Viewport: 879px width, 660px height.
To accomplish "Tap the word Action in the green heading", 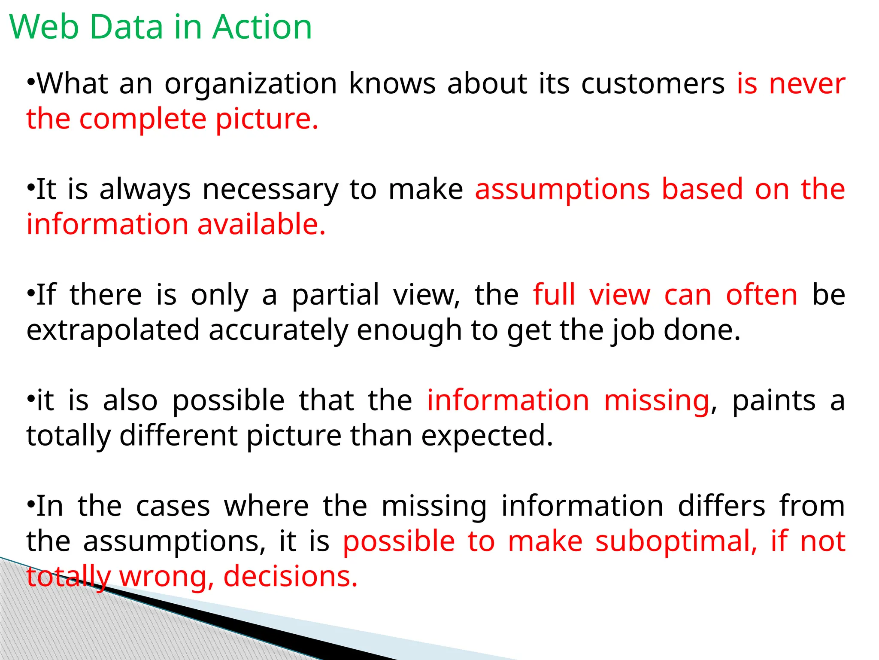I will point(262,27).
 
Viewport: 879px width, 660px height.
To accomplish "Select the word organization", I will point(251,84).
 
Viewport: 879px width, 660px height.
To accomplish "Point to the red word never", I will point(807,84).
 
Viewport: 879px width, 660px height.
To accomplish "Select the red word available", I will point(261,225).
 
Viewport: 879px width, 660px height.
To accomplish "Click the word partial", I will point(335,296).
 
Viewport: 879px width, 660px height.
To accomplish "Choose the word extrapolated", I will point(113,330).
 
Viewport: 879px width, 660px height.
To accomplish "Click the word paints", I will point(773,401).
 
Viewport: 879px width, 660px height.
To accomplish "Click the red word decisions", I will point(291,577).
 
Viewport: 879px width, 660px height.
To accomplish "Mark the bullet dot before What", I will point(31,81).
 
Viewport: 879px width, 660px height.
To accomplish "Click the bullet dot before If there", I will point(31,293).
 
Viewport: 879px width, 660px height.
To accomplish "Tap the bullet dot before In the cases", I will point(31,504).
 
